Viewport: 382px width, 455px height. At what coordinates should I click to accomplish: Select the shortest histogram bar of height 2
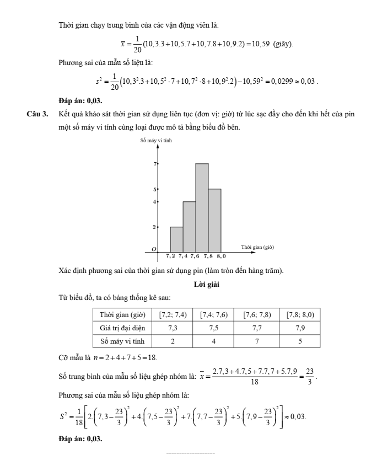[x=176, y=239]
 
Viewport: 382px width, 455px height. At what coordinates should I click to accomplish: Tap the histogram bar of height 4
[x=189, y=226]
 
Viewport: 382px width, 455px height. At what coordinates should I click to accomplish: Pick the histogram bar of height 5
[x=214, y=220]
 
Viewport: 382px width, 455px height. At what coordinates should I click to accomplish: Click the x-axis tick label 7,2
[x=171, y=256]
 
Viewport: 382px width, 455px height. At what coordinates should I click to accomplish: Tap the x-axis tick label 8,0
[x=221, y=256]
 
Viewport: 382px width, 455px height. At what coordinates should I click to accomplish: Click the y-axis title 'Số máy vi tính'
[x=157, y=142]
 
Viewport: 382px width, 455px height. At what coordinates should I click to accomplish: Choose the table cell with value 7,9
[x=300, y=328]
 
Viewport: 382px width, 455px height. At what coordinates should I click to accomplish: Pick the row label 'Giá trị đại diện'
[x=121, y=328]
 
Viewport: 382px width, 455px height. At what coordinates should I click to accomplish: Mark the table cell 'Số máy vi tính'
[x=121, y=341]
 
